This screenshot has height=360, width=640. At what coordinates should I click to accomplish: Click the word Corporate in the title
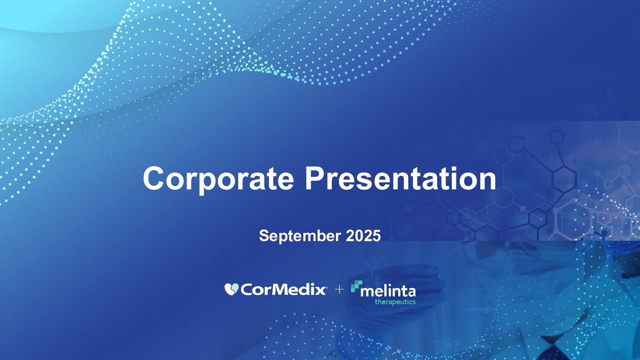[218, 180]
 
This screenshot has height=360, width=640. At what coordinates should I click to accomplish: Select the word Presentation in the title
[400, 178]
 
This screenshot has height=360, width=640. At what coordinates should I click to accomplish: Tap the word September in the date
[300, 236]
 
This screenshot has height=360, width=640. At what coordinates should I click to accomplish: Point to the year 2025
[363, 236]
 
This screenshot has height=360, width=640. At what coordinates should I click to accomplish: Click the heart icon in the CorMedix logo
[231, 289]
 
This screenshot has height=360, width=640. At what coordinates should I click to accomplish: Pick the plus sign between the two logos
[339, 289]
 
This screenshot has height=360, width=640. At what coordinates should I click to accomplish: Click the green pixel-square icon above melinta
[356, 286]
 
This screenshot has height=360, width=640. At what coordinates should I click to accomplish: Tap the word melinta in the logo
[388, 292]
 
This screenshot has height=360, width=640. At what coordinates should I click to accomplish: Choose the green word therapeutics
[395, 302]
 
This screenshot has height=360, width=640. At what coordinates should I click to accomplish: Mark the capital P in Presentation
[315, 178]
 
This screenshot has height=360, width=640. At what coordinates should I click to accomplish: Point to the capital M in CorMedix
[276, 289]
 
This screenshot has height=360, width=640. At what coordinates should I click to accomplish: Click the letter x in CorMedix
[320, 291]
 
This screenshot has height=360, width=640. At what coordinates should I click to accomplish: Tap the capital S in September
[264, 236]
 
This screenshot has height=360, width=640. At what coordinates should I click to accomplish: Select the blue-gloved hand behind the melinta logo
[394, 297]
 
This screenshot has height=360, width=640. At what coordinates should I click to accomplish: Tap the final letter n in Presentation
[487, 182]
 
